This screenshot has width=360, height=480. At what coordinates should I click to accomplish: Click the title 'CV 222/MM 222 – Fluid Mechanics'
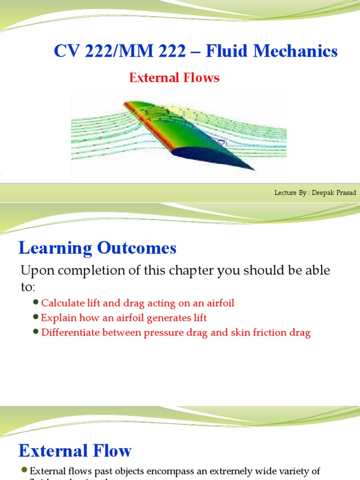pos(195,51)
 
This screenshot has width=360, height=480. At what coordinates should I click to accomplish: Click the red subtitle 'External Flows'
pos(174,78)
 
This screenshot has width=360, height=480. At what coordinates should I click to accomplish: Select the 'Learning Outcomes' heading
pos(97,248)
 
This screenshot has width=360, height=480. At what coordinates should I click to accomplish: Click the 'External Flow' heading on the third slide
pos(75,451)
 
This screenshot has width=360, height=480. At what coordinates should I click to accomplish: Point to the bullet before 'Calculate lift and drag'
pos(37,303)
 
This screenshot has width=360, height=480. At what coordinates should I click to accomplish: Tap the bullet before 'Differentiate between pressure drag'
pos(37,332)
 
